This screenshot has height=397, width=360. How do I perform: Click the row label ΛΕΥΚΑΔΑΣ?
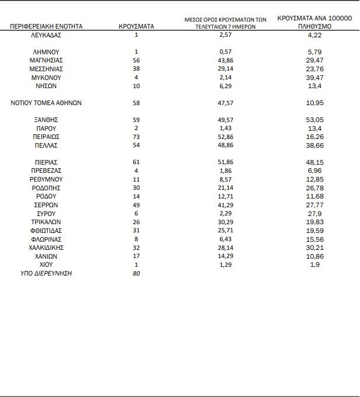[x=47, y=35]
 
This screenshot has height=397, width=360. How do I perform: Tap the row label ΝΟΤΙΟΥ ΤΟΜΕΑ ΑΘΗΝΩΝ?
[x=47, y=103]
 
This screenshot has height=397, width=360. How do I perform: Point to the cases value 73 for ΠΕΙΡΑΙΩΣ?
[x=136, y=137]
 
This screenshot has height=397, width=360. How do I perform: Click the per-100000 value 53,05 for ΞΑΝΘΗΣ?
[x=314, y=120]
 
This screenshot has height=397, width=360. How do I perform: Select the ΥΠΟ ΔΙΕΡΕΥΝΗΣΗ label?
[x=46, y=273]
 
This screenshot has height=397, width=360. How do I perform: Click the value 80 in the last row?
[x=136, y=273]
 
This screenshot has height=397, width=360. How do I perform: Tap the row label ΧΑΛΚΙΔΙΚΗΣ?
[x=47, y=248]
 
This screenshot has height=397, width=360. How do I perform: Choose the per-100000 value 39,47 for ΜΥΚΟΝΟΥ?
[x=314, y=78]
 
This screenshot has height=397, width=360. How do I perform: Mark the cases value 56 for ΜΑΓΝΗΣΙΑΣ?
[x=136, y=61]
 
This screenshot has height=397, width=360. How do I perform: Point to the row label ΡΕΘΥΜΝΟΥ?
[x=47, y=179]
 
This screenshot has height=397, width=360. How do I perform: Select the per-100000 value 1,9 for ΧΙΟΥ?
[x=314, y=264]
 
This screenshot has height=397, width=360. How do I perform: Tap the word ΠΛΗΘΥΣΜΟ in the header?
[x=314, y=27]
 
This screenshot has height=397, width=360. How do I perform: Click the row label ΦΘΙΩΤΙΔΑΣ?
[x=47, y=231]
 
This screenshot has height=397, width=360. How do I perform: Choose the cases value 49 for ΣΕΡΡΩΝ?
[x=136, y=205]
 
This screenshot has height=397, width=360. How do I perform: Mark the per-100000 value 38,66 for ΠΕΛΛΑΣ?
[x=314, y=145]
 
